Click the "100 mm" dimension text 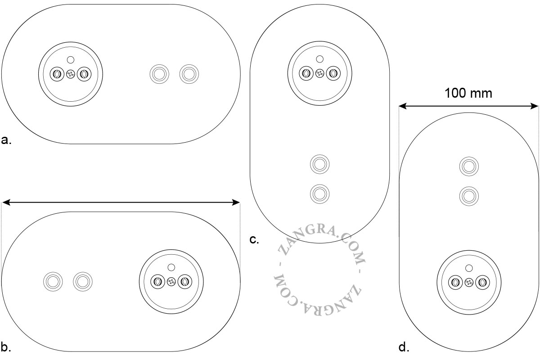click(x=468, y=93)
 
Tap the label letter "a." click(x=6, y=140)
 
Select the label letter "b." click(x=6, y=347)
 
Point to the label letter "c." click(x=254, y=240)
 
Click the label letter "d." click(x=404, y=347)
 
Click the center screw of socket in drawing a click(x=71, y=74)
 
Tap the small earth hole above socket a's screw click(x=71, y=60)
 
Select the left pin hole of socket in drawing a click(x=57, y=74)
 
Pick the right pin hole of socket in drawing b click(x=185, y=281)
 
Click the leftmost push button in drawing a click(x=159, y=74)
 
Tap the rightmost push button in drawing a click(x=189, y=74)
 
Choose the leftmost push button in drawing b click(x=53, y=281)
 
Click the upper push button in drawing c click(x=319, y=164)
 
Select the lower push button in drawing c click(x=319, y=194)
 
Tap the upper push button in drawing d click(x=469, y=166)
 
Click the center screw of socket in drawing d click(x=469, y=282)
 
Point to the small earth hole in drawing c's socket click(x=319, y=59)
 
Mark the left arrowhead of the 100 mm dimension click(x=402, y=106)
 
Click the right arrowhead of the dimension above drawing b click(x=236, y=202)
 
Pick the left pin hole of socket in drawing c click(x=306, y=73)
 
